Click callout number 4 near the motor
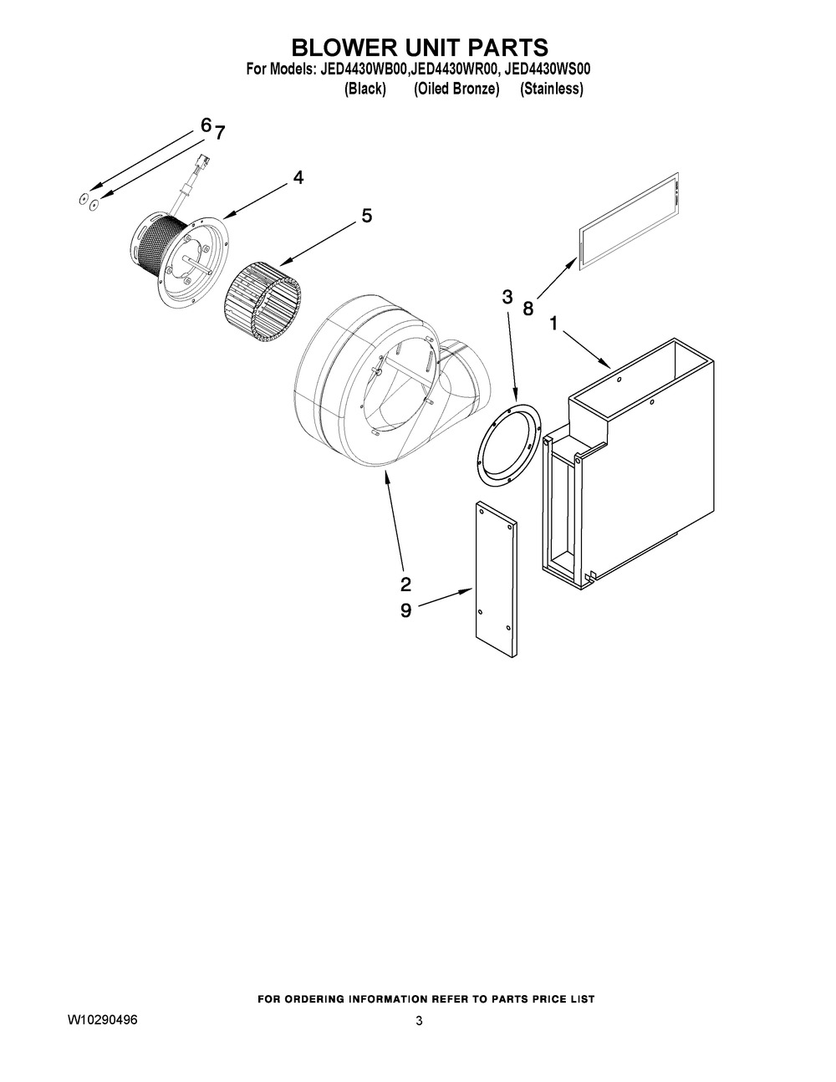pyautogui.click(x=298, y=177)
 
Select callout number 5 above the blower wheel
pyautogui.click(x=366, y=216)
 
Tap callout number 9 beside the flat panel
pyautogui.click(x=405, y=610)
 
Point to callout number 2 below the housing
pyautogui.click(x=405, y=583)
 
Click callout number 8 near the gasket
pyautogui.click(x=528, y=308)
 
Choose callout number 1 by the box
pyautogui.click(x=553, y=323)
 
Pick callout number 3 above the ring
pyautogui.click(x=507, y=297)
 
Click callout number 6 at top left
pyautogui.click(x=206, y=125)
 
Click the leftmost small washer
pyautogui.click(x=82, y=199)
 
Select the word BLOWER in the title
pyautogui.click(x=344, y=48)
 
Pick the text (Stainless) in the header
pyautogui.click(x=551, y=89)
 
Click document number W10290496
pyautogui.click(x=103, y=1022)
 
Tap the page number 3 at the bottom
pyautogui.click(x=419, y=1022)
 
